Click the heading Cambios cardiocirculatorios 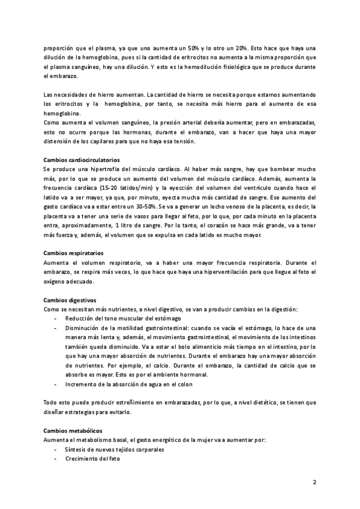[x=82, y=160]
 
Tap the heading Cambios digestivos [x=70, y=300]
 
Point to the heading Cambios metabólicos [x=73, y=431]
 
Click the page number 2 [x=314, y=482]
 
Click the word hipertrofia [x=106, y=170]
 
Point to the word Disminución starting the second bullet [x=85, y=328]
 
